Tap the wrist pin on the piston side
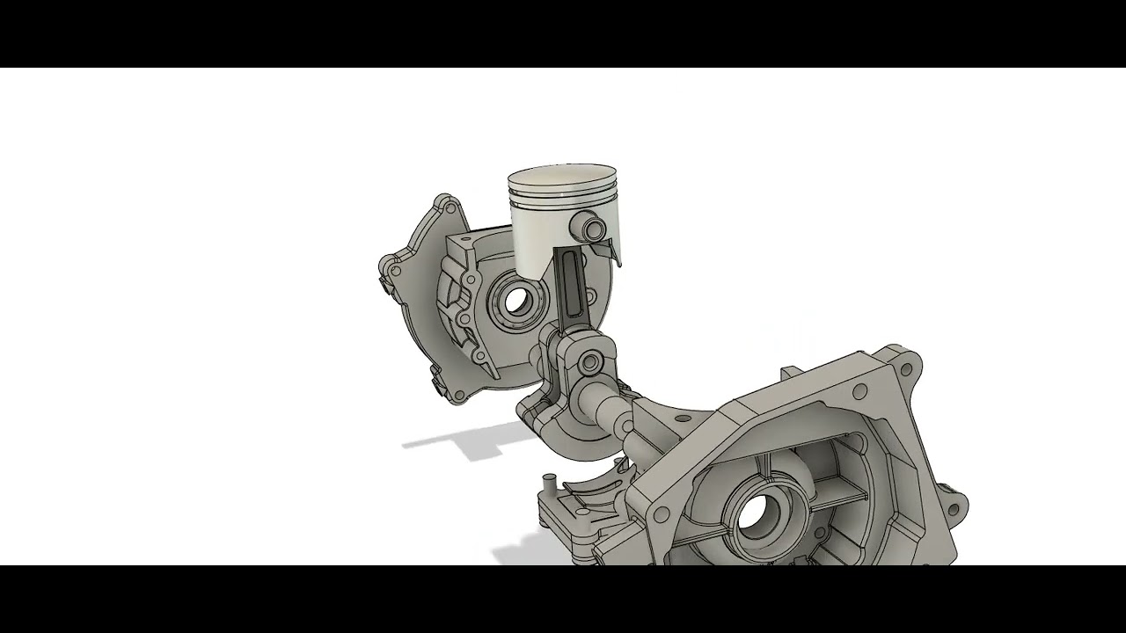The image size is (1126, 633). pos(591,228)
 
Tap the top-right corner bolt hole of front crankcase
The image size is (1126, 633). pos(911,361)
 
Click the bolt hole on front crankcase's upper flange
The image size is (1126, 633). pos(859,389)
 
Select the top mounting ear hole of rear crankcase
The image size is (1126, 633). pos(452,207)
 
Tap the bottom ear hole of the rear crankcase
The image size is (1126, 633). pos(456,396)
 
